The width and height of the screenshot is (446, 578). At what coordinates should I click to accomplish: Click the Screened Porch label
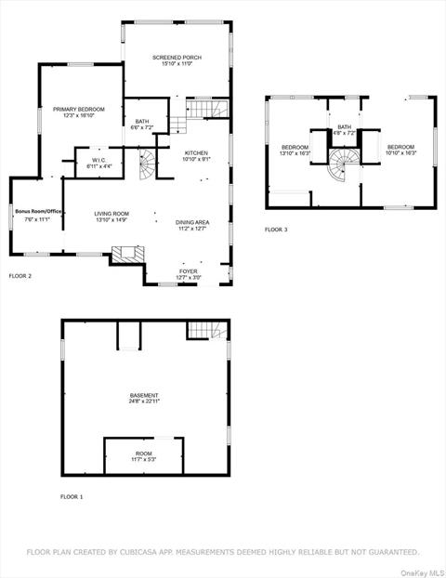point(177,58)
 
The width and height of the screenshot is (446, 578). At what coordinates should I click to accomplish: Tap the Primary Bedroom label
point(78,110)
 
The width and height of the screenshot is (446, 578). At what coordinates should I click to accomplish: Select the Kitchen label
point(195,152)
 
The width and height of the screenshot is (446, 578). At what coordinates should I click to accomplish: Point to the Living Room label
point(111,214)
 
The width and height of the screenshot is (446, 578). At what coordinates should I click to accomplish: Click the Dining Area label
point(192,222)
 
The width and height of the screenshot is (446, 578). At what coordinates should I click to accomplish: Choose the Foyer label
point(189,271)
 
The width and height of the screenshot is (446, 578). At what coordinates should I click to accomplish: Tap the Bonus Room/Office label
point(38,212)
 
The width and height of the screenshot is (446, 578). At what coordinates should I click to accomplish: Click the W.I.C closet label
point(98,160)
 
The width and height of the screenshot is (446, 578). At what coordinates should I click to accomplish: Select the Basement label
point(144,396)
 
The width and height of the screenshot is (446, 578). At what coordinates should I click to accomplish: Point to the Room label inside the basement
point(143,453)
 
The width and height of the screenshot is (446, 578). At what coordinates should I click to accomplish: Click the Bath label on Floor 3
point(345,127)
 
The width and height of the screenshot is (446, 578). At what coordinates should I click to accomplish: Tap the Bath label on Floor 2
point(141,121)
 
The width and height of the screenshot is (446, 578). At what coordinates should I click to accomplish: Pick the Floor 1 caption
point(72,497)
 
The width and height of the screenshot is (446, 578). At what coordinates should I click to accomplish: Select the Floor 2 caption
point(20,276)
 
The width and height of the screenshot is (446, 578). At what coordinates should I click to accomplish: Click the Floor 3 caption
point(276,230)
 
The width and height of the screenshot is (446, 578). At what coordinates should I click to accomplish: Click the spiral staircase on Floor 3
point(344,169)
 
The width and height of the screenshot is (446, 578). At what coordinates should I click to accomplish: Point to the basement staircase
point(206,330)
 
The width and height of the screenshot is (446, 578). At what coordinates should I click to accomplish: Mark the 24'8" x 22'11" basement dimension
point(144,402)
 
